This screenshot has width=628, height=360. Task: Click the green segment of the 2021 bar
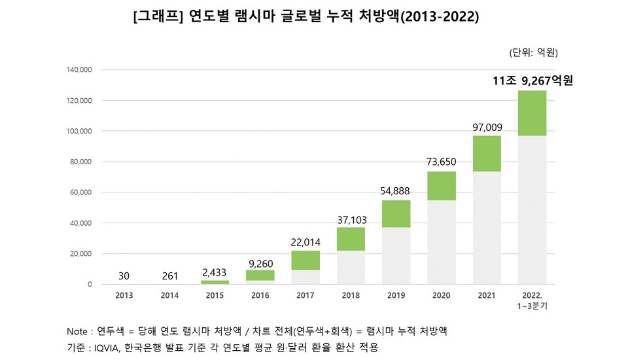point(487,153)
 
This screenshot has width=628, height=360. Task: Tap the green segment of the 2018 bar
point(351,239)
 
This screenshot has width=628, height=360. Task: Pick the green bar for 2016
point(260,275)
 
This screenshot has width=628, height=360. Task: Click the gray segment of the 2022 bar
point(532,209)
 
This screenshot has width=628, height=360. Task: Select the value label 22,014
point(305,242)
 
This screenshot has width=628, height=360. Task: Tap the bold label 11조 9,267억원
point(532,81)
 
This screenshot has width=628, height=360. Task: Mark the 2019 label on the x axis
point(396,296)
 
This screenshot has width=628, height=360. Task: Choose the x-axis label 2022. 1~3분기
point(532,300)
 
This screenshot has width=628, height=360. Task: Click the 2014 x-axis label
point(169,296)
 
